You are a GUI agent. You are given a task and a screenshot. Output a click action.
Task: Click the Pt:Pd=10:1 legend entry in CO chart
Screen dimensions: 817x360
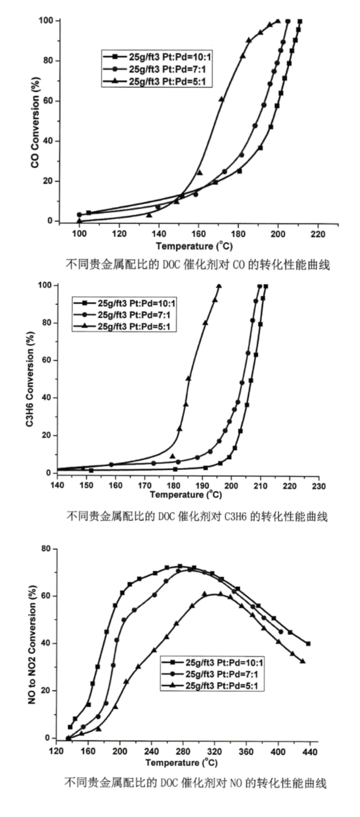pos(157,56)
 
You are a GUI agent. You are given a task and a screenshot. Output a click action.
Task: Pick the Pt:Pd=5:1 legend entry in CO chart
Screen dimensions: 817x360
pos(157,81)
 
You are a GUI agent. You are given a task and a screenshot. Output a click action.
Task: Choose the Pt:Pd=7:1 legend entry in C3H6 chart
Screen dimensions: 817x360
pos(124,315)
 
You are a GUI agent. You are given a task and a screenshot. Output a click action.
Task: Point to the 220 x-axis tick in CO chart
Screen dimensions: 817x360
pos(317,234)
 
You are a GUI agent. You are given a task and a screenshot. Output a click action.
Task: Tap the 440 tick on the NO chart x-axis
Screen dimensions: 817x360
pos(310,751)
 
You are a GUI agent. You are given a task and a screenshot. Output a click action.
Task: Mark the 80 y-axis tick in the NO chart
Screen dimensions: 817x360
pos(46,549)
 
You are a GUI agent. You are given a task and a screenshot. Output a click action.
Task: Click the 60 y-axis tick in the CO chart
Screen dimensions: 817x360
pos(49,101)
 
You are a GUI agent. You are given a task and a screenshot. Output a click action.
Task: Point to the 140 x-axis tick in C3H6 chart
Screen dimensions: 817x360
pos(57,486)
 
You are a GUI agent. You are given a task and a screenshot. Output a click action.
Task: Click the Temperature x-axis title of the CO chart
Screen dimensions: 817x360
pos(194,246)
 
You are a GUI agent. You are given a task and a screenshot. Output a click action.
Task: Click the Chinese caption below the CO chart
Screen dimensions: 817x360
pos(197,264)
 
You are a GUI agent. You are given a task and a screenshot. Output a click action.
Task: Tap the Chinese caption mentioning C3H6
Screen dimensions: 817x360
pos(196,516)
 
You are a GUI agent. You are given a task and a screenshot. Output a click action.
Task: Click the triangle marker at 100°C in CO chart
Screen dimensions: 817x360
pos(79,221)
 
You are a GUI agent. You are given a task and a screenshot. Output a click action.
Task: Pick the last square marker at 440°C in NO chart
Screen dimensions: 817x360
pos(308,643)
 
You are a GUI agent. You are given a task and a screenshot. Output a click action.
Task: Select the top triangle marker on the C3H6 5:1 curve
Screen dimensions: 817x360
pos(219,286)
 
